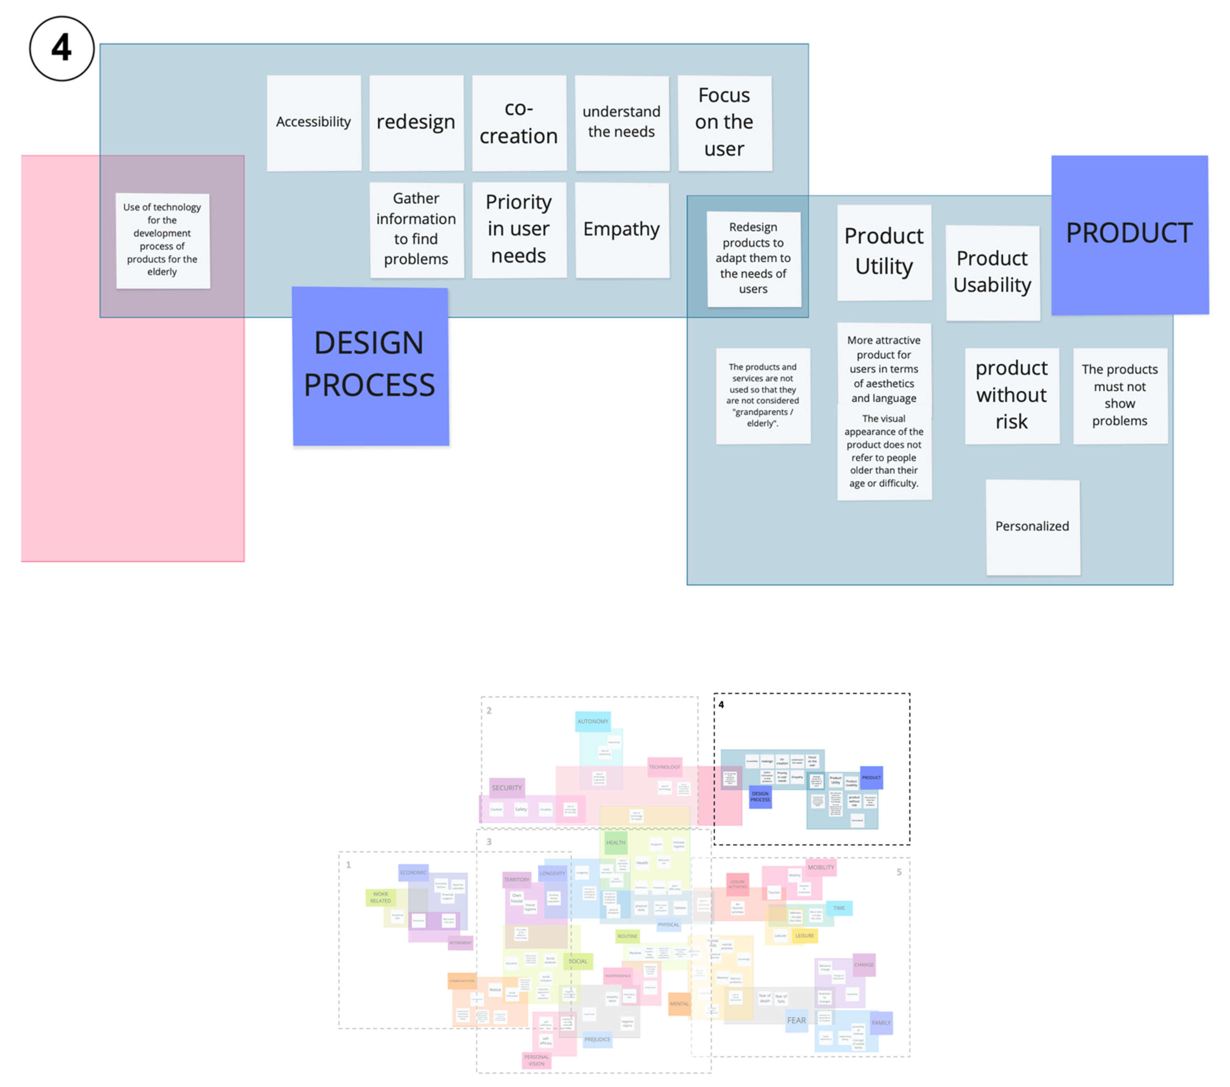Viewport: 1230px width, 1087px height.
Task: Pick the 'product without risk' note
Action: [x=1012, y=396]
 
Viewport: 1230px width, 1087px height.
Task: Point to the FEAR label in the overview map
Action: [x=796, y=1020]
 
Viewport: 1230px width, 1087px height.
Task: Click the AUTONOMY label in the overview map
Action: [x=593, y=721]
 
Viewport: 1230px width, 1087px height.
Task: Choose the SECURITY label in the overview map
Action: [x=507, y=787]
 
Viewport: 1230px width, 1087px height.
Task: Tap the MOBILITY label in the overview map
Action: [x=821, y=867]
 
